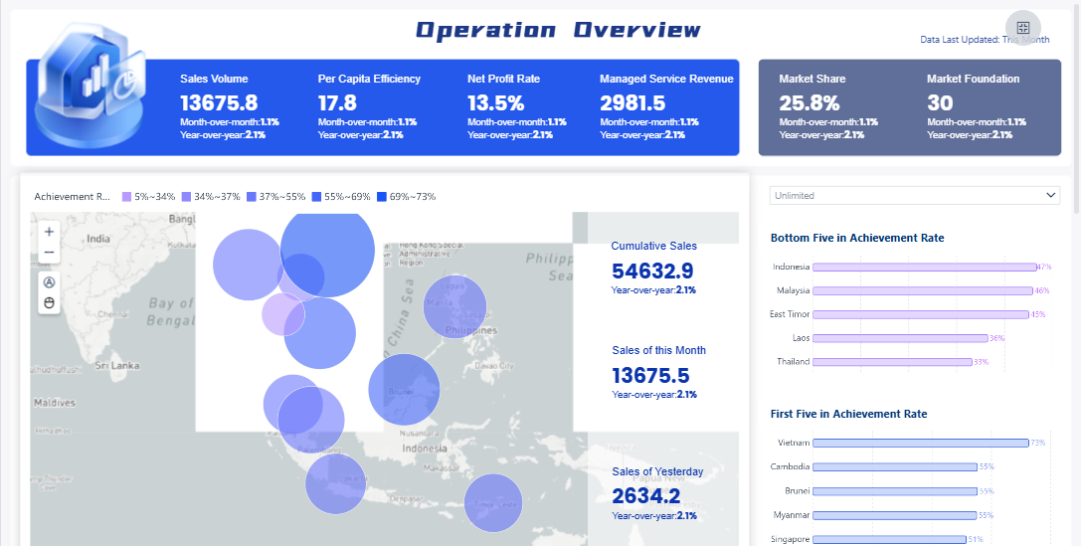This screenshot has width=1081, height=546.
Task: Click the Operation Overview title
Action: coord(558,30)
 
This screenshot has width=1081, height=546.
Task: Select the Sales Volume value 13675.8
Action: coord(219,103)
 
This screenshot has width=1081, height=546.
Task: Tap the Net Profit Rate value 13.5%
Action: coord(495,103)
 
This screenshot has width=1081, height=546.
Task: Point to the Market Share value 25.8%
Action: coord(810,103)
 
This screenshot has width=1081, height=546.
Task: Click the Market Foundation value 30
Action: coord(940,103)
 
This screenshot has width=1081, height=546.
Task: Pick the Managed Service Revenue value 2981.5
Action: coord(632,103)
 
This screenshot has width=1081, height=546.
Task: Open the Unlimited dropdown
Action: coord(915,196)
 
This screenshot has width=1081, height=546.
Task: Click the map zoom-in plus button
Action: coord(50,231)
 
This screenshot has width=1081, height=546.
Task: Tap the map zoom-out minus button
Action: coord(50,253)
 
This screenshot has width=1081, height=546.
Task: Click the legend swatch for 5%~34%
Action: coord(126,197)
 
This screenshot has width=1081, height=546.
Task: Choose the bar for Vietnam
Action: coord(921,443)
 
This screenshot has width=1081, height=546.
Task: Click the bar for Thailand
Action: coord(892,362)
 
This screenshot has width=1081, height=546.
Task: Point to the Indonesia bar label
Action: coord(791,267)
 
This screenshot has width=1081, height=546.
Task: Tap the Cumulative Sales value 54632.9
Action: coord(652,271)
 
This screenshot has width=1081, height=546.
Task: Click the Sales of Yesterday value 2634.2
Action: coord(646,496)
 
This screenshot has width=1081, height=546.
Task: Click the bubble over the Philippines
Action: coord(454,307)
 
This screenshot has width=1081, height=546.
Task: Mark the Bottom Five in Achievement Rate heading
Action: coord(857,238)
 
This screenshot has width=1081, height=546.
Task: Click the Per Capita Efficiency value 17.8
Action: coord(337,103)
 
